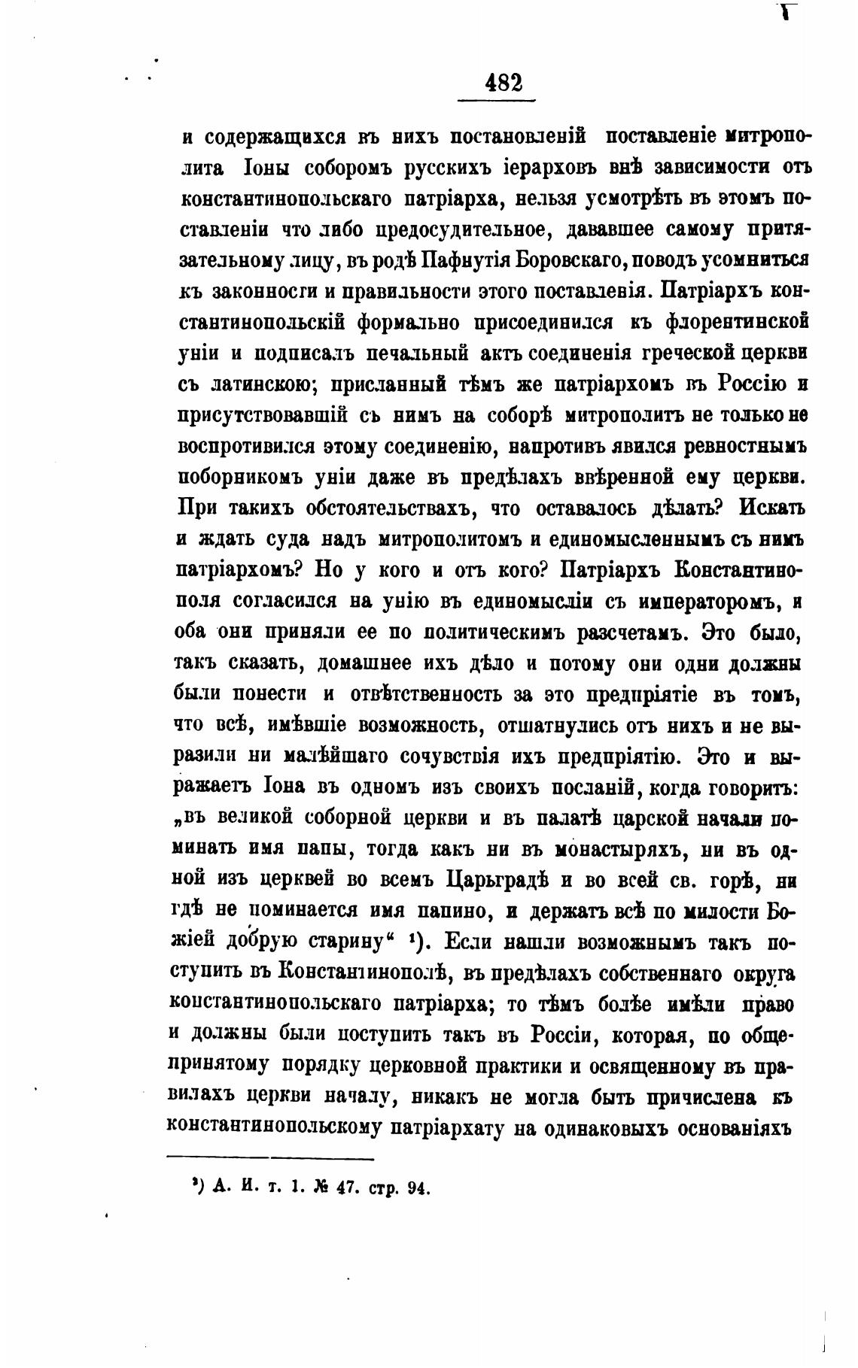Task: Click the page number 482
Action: pos(504,82)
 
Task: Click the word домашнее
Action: pos(365,664)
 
